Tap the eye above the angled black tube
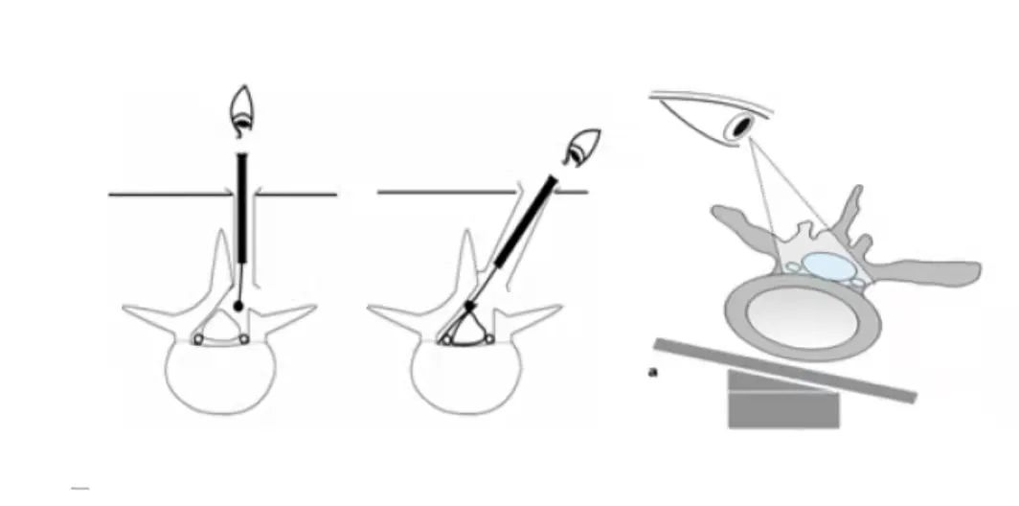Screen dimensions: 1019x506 [583, 147]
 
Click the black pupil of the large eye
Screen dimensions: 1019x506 [739, 126]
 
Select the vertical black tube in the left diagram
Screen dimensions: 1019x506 [242, 208]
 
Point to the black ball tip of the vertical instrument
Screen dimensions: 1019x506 [238, 306]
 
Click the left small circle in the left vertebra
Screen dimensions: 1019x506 [198, 339]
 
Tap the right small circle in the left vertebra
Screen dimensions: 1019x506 [243, 339]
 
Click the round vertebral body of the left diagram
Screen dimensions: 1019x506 [220, 378]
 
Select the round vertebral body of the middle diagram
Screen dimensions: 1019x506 [466, 378]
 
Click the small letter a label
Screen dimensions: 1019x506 [653, 372]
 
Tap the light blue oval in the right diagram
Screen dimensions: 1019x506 [827, 266]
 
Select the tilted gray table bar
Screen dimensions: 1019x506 [785, 370]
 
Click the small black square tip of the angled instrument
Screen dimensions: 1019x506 [470, 305]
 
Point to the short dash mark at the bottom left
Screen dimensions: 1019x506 [79, 488]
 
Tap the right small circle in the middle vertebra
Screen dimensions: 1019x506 [489, 339]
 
